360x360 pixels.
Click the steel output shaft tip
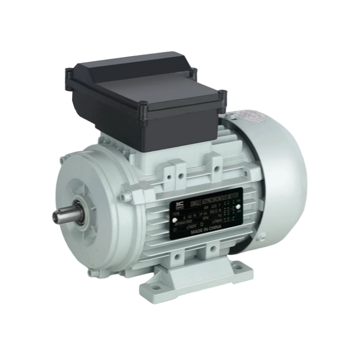[x=57, y=217]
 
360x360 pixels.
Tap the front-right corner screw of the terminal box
[x=144, y=108]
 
